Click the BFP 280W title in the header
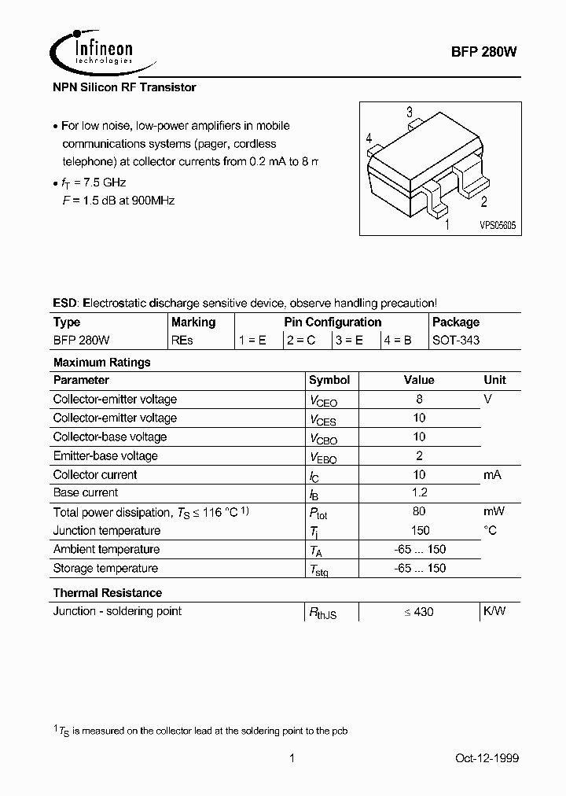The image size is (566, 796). (x=484, y=50)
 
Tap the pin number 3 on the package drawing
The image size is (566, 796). (x=409, y=112)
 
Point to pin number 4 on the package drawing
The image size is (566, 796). (x=369, y=138)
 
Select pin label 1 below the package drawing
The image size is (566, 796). (x=447, y=225)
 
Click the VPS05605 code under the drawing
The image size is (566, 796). (x=497, y=225)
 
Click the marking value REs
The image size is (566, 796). (x=182, y=341)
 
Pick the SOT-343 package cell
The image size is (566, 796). (x=456, y=341)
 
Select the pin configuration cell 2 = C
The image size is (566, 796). (x=300, y=341)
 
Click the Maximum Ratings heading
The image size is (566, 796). (x=101, y=363)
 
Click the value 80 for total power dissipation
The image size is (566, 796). (x=419, y=511)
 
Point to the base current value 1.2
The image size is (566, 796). (x=419, y=492)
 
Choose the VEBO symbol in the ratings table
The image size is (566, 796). (x=323, y=457)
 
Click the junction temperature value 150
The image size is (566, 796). (x=419, y=530)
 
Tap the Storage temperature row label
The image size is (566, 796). (x=105, y=568)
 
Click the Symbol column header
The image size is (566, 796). (x=329, y=380)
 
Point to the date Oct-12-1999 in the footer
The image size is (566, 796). (x=487, y=758)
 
